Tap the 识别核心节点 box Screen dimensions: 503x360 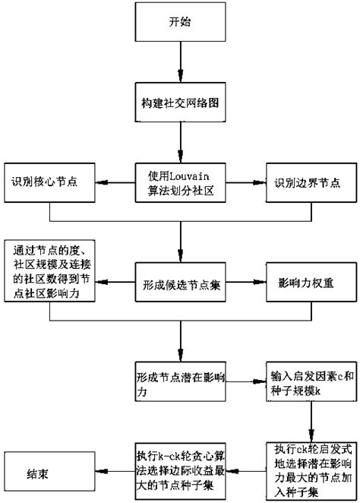(x=49, y=183)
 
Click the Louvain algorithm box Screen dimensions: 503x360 (x=180, y=183)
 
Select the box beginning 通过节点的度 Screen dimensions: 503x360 (x=49, y=273)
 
